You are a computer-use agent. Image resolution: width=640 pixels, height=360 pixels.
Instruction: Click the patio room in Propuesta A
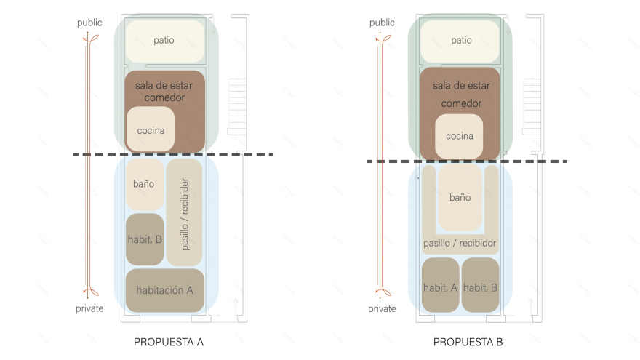coord(164,41)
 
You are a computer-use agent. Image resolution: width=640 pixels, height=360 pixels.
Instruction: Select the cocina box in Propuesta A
coord(151,130)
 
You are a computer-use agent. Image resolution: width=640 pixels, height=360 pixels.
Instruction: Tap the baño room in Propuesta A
coord(144,185)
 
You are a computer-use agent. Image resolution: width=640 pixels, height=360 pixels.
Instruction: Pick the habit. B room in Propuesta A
coord(145,239)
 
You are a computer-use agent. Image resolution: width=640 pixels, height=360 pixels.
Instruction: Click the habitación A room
coord(164,290)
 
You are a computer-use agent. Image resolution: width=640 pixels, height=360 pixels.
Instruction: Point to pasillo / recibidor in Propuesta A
coord(185,212)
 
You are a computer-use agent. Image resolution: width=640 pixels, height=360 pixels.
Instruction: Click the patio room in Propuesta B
coord(460,41)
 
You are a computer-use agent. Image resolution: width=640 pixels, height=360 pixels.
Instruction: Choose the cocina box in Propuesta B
coord(459,136)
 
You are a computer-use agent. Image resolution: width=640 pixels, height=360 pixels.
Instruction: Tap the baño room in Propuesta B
coord(460,197)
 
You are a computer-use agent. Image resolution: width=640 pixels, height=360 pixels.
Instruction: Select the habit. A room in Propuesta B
coord(440,287)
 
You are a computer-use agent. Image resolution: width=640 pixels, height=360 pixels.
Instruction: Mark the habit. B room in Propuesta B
coord(480,287)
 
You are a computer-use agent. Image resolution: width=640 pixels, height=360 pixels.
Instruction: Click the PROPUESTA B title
coord(468,342)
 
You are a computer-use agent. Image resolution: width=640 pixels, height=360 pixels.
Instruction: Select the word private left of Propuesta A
coord(90,308)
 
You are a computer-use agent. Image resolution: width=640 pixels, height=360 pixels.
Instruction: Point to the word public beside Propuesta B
coord(382,23)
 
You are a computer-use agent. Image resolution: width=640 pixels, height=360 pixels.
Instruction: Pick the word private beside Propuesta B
coord(382,308)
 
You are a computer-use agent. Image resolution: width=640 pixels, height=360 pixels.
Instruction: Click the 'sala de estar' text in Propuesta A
coord(164,85)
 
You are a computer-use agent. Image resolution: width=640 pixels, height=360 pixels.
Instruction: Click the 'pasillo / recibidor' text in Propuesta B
coord(460,242)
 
